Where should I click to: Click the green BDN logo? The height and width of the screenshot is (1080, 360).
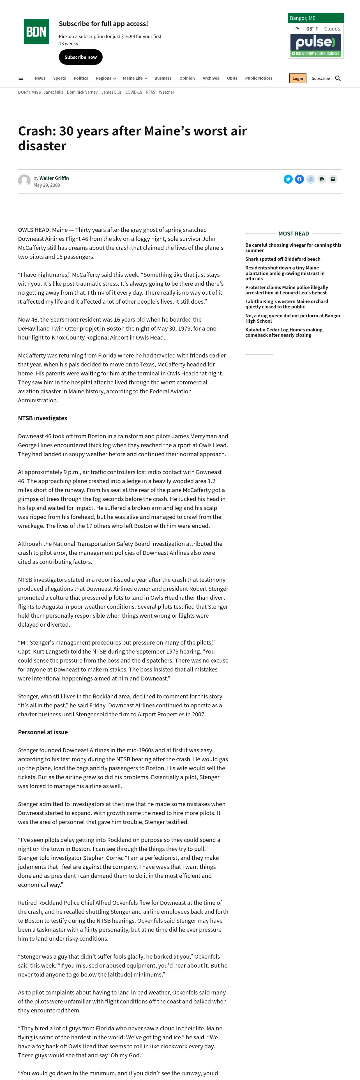(x=36, y=31)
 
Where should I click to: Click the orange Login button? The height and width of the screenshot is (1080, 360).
(x=297, y=79)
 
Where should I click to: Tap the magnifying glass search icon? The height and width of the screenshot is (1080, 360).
(x=338, y=79)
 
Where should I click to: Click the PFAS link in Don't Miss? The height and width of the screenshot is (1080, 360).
(x=151, y=92)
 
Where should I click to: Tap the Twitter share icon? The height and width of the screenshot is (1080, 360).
(x=288, y=179)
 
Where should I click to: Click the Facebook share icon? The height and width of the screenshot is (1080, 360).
(x=299, y=179)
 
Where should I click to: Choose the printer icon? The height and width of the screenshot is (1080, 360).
(x=321, y=179)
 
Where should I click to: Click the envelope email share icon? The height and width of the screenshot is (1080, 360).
(x=333, y=179)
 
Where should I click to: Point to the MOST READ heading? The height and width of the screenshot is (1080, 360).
(x=293, y=234)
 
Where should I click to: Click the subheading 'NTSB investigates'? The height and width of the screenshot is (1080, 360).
(x=42, y=418)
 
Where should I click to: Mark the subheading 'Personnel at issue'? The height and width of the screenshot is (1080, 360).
(x=43, y=732)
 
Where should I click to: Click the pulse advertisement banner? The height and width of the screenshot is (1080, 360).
(x=316, y=45)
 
